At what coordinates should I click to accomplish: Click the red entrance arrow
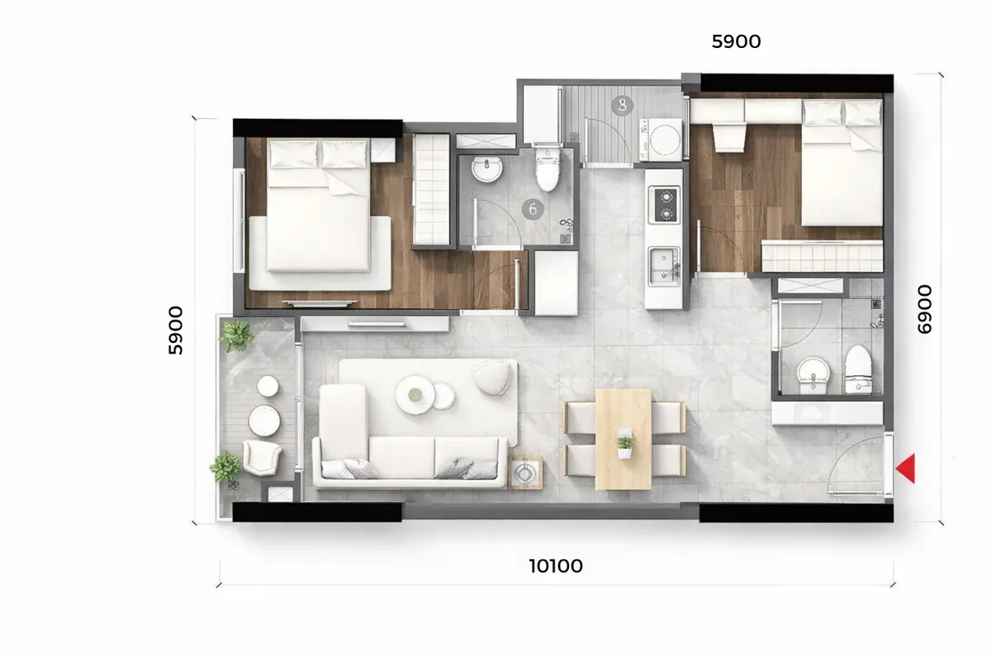pos(906,468)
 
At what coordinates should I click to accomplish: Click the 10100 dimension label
pos(556,566)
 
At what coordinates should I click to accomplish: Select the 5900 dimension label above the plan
pos(736,41)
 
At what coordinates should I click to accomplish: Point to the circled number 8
pos(622,105)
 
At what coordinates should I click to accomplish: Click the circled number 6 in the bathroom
pos(533,209)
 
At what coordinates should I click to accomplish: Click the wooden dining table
pos(624,438)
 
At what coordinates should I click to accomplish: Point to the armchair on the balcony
pos(262,457)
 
